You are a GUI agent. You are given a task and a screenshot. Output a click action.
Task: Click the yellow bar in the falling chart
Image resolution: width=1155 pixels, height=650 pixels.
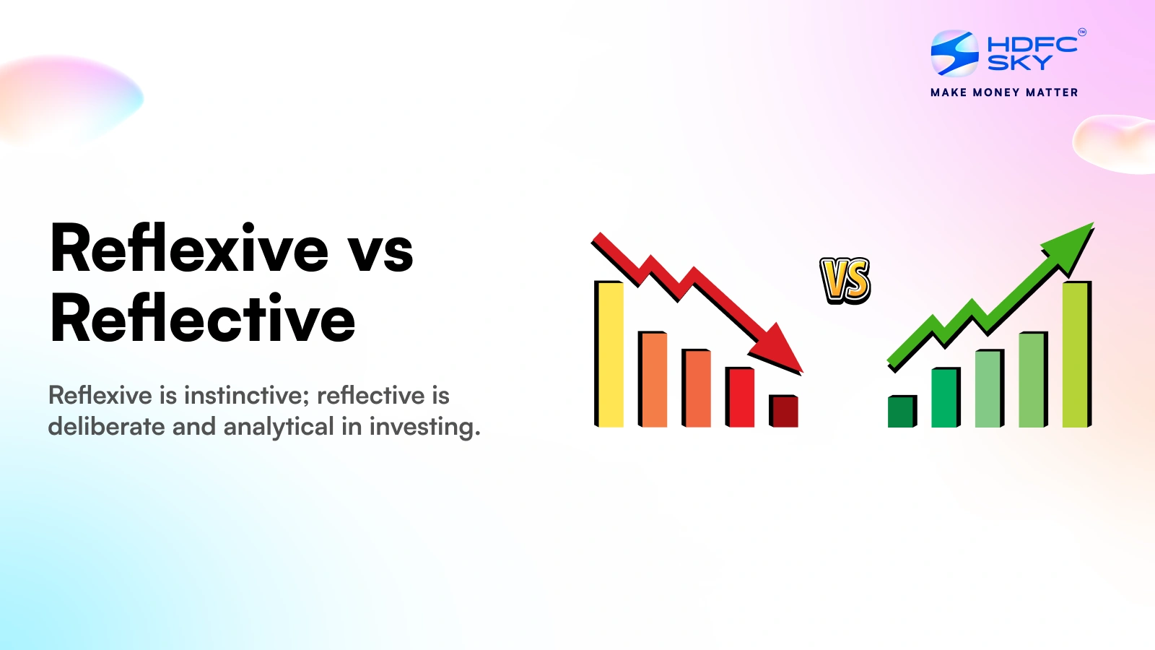tap(609, 354)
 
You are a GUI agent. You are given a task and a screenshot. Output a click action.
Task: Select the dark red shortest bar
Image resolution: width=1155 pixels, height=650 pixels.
tap(783, 411)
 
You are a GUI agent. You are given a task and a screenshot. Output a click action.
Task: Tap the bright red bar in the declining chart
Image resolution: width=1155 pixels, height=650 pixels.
tap(740, 396)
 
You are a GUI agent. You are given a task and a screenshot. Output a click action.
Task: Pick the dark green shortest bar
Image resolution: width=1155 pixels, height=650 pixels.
tap(902, 411)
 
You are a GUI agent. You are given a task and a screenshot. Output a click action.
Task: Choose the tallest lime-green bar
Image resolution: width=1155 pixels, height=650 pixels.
tap(1076, 354)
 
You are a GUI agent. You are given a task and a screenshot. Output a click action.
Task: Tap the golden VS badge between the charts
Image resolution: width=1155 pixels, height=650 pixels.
tap(845, 280)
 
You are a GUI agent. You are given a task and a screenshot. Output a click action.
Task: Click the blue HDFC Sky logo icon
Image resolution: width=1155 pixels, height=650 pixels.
tap(954, 53)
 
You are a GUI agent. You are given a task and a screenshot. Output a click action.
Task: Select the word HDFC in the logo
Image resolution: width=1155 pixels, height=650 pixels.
tap(1032, 45)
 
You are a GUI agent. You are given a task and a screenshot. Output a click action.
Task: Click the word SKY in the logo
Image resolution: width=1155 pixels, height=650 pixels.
tap(1019, 63)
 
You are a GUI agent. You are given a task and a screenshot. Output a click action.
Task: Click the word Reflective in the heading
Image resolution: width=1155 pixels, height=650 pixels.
tap(202, 317)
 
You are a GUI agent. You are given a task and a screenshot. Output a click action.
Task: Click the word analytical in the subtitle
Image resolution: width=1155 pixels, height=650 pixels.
tap(279, 428)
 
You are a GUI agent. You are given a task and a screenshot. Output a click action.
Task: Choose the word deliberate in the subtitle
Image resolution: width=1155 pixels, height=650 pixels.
tap(106, 427)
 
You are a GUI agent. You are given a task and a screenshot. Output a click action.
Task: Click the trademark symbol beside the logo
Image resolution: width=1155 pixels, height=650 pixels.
tap(1082, 32)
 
